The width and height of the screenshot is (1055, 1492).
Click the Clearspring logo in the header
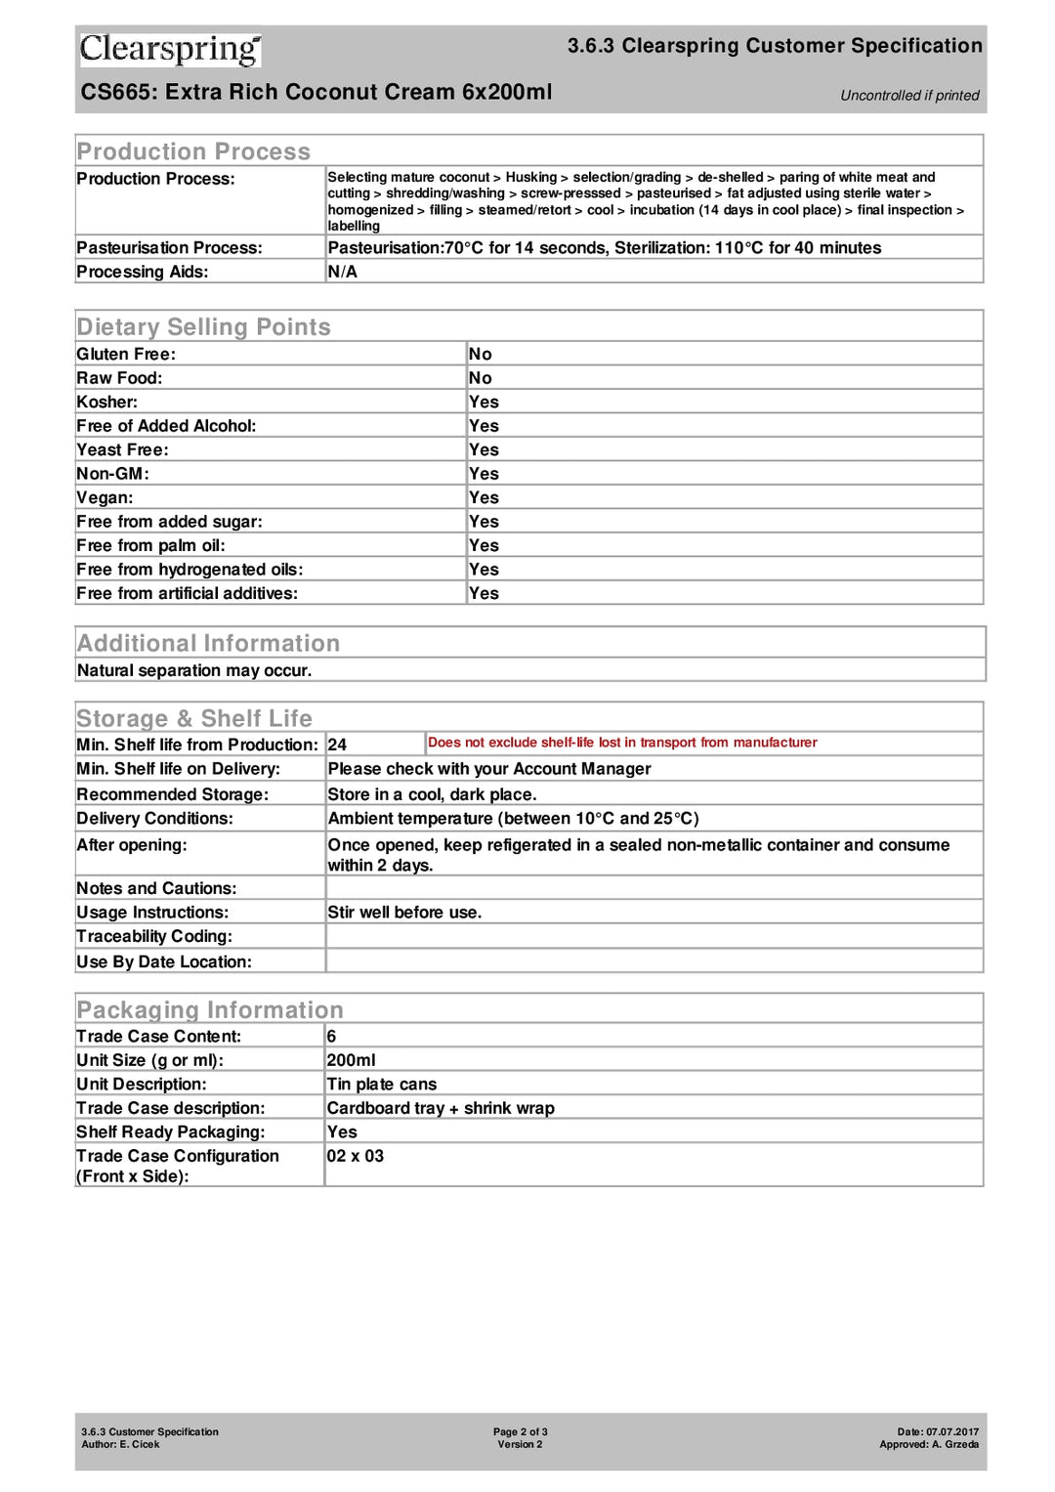[x=170, y=49]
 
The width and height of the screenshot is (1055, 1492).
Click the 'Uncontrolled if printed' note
[x=908, y=95]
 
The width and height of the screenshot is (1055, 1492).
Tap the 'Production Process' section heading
[x=193, y=151]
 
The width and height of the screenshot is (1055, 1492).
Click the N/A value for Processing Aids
[x=342, y=272]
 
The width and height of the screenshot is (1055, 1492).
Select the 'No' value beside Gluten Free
[x=480, y=354]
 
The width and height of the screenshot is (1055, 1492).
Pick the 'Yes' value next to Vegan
[x=484, y=497]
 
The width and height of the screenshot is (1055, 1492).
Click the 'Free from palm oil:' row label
[x=150, y=545]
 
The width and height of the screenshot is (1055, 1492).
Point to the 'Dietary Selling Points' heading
[x=203, y=326]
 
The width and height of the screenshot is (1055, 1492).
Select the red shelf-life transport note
[x=622, y=743]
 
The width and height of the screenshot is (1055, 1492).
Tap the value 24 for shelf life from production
[x=337, y=745]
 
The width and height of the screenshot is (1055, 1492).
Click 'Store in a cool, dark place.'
[x=432, y=794]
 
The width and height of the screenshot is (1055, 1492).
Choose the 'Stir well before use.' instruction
[x=404, y=912]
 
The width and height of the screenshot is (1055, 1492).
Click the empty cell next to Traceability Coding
[x=653, y=936]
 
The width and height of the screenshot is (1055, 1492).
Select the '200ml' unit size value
[x=351, y=1060]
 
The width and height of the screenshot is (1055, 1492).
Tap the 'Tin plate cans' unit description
[x=381, y=1084]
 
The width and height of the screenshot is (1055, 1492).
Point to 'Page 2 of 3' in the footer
[x=520, y=1431]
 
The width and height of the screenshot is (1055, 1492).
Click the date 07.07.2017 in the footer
[x=951, y=1431]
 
